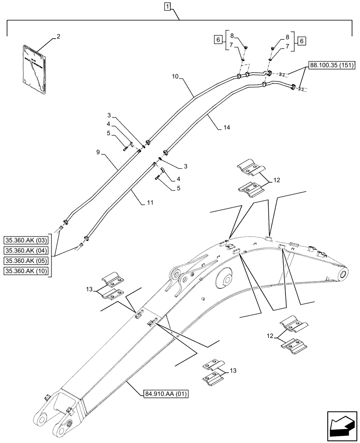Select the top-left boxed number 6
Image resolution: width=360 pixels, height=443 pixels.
[x=218, y=40]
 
